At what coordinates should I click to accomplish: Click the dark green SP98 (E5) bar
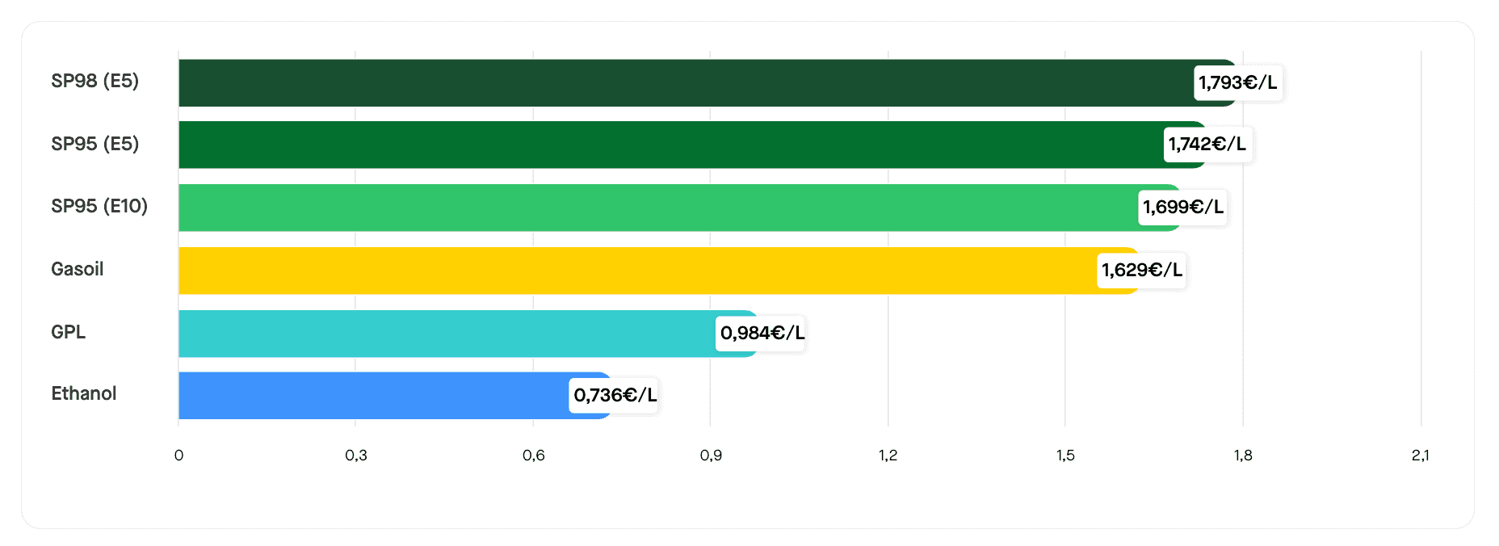[687, 82]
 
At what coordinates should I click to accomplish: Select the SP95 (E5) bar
[670, 145]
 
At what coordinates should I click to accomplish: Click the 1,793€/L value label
[1237, 82]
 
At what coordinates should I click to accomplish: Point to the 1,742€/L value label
[1207, 145]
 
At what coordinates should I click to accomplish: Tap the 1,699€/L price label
[1182, 208]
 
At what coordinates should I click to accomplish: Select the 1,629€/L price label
[1141, 270]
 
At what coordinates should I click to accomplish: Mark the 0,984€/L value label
[762, 333]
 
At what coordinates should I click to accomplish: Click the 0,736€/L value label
[615, 395]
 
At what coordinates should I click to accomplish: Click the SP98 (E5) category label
[94, 81]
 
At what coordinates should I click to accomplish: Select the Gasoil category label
[78, 269]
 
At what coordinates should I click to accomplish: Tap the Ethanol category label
[84, 393]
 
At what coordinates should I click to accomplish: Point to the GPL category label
[69, 332]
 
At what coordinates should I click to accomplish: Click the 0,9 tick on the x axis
[711, 456]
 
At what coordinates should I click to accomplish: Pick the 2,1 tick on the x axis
[1420, 456]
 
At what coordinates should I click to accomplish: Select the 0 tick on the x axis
[178, 456]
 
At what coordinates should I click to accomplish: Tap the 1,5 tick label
[1065, 456]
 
